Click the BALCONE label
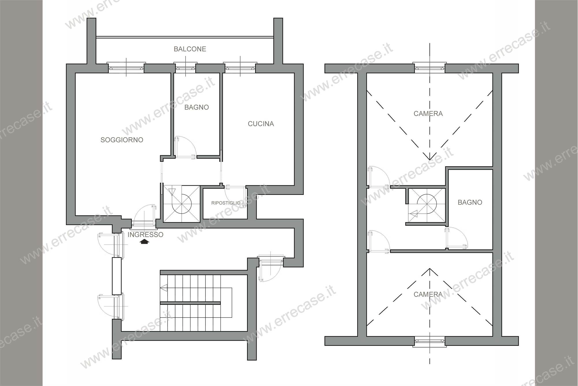click(x=190, y=49)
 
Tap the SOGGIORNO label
click(x=122, y=140)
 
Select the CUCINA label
click(x=261, y=124)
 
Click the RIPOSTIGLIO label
click(x=226, y=203)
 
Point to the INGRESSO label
click(x=145, y=234)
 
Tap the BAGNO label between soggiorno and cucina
click(x=197, y=107)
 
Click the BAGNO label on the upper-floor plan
click(x=470, y=202)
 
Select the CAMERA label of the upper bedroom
click(x=428, y=114)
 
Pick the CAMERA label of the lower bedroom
click(x=428, y=294)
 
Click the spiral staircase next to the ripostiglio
click(x=181, y=204)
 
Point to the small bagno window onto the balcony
click(x=186, y=68)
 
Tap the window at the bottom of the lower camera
click(x=430, y=341)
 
